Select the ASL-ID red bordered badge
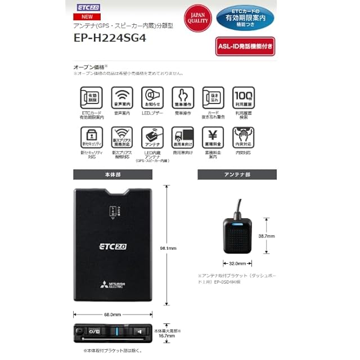245,46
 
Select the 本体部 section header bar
105,174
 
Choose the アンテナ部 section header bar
237,174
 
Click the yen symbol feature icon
213,137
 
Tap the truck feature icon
183,137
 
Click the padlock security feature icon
92,137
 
